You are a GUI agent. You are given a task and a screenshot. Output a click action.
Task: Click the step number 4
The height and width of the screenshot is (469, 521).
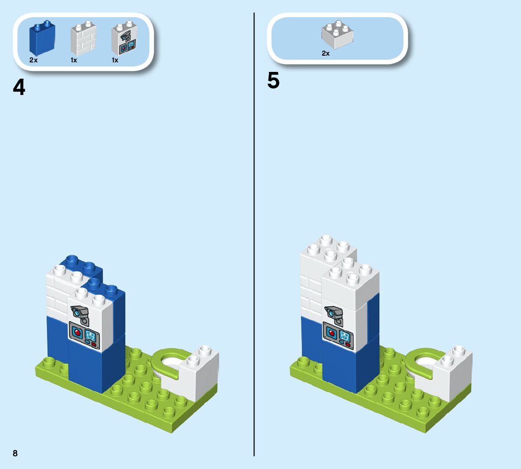19,87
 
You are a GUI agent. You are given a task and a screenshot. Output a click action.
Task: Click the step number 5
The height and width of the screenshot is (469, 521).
273,81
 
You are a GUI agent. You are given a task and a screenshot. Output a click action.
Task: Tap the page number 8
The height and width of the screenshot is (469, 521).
15,453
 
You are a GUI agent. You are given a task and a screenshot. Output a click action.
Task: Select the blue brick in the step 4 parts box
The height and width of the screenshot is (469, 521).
42,38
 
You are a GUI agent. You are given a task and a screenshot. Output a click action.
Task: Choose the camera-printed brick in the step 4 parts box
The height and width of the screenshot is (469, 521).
124,39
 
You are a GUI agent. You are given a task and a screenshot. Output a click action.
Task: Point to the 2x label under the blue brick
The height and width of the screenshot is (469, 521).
33,60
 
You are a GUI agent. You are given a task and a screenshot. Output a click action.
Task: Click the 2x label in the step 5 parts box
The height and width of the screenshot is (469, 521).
325,53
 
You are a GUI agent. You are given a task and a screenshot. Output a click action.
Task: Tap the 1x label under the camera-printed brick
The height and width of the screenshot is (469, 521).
115,60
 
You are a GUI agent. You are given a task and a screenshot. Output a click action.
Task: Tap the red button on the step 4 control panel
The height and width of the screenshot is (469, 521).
77,333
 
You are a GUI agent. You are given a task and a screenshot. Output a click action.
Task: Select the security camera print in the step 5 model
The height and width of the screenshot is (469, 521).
334,313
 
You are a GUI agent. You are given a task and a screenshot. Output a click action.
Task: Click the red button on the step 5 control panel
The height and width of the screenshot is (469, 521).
331,333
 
